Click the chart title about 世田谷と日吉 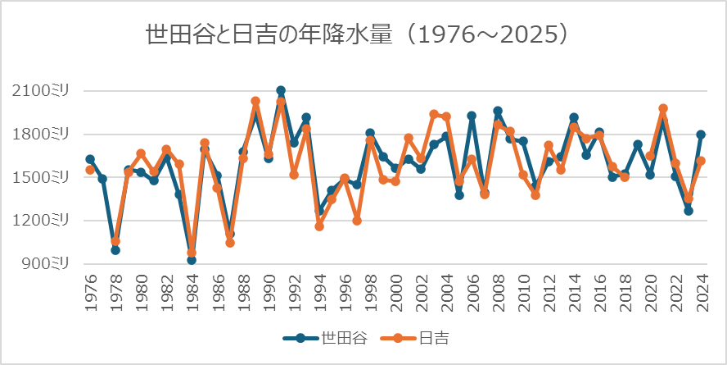(356, 35)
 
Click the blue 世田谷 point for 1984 (192, 260)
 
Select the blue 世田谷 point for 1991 (281, 91)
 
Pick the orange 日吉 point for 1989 (255, 102)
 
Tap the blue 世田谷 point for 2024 (701, 135)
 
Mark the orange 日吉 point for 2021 (663, 109)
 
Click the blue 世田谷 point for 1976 (90, 159)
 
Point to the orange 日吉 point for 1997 (357, 221)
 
